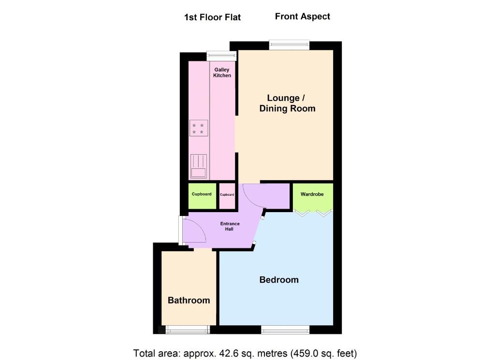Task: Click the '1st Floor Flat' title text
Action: [x=212, y=17]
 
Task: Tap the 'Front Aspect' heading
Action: [x=302, y=16]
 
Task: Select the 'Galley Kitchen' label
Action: [x=222, y=72]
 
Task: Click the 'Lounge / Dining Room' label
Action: [x=287, y=103]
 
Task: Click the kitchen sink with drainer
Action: [x=198, y=166]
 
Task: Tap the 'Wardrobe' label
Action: [x=312, y=194]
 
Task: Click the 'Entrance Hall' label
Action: [x=230, y=226]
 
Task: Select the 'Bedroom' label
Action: [x=279, y=280]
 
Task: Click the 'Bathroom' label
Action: [x=189, y=301]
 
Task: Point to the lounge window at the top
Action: [x=289, y=45]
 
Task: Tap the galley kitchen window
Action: [x=221, y=56]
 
